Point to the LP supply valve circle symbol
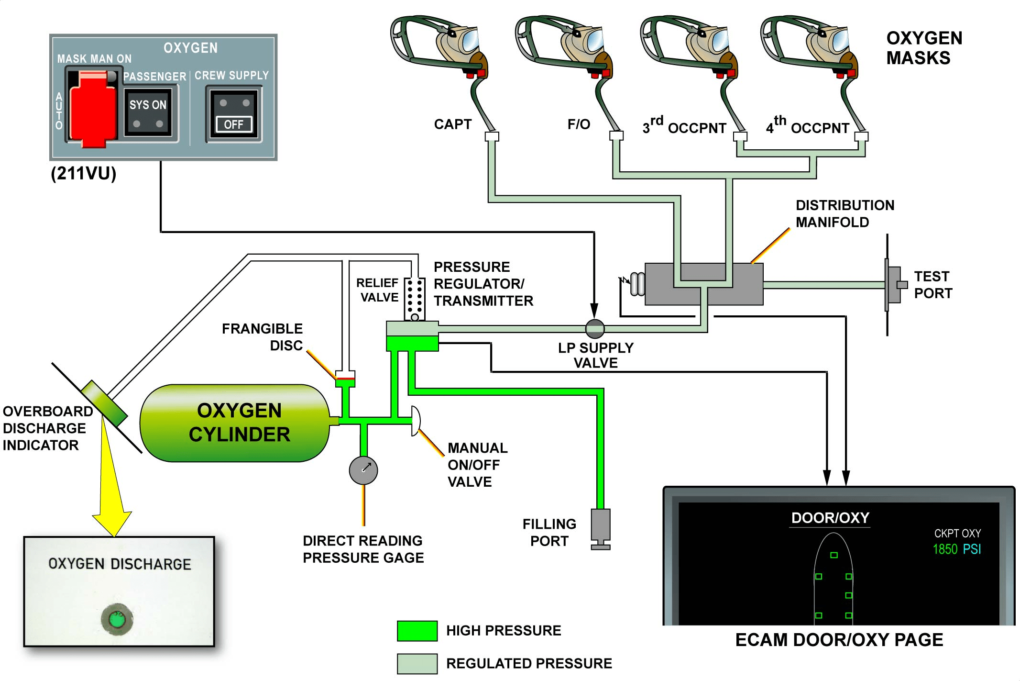pos(595,328)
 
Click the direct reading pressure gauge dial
pos(363,470)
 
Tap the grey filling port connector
pos(601,529)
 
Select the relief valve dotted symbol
pos(415,299)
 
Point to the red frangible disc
pos(345,379)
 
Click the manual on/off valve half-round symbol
pos(416,421)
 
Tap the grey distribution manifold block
pos(704,284)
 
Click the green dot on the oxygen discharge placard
pos(117,619)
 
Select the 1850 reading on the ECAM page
pos(945,549)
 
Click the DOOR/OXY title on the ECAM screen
pos(830,518)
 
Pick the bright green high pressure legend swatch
pos(417,630)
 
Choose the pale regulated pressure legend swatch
pos(417,663)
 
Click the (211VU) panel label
pos(84,173)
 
